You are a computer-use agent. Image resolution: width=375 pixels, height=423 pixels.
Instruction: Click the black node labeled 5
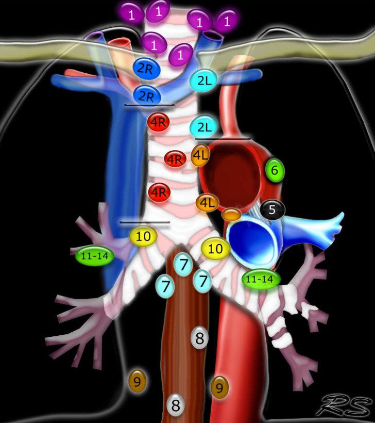pos(272,209)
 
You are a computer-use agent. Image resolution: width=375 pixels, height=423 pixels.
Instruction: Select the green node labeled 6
pos(275,170)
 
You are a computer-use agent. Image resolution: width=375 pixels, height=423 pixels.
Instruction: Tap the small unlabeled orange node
pos(231,214)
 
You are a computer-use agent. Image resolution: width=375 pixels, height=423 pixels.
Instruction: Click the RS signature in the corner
pos(346,405)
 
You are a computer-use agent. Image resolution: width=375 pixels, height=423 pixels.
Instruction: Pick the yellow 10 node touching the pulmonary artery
pos(215,249)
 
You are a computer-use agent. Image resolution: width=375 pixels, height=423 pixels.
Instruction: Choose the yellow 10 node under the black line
pos(143,236)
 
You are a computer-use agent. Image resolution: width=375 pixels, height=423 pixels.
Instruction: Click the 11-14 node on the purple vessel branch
pos(95,256)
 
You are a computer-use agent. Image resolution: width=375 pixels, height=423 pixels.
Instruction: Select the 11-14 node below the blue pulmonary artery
pos(261,279)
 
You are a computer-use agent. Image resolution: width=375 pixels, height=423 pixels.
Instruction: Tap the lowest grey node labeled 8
pos(176,404)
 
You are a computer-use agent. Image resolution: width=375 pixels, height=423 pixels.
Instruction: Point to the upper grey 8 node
pos(200,338)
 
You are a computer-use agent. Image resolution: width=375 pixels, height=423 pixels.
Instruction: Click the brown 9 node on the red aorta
pos(220,387)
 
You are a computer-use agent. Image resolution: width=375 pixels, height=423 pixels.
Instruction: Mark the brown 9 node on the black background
pos(138,381)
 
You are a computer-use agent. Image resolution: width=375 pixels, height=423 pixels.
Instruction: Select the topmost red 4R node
pos(159,122)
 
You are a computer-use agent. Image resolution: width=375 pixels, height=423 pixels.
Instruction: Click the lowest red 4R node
pos(159,192)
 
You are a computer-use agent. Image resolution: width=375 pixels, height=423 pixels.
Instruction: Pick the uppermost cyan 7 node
pos(183,264)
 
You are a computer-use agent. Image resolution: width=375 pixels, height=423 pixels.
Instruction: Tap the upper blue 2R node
pos(146,69)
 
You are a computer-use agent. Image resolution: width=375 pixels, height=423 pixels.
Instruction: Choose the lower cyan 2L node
pos(203,126)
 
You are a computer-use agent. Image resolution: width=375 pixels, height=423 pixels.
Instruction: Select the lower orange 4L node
pos(207,203)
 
